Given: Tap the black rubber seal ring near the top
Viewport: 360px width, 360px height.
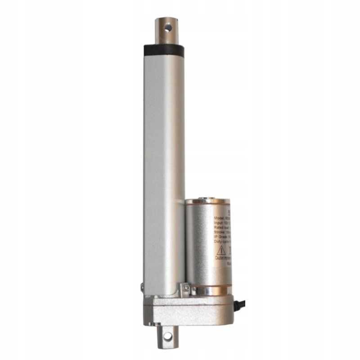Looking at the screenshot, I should pyautogui.click(x=164, y=48).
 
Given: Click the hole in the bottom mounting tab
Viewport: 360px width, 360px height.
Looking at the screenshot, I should pyautogui.click(x=168, y=336).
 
